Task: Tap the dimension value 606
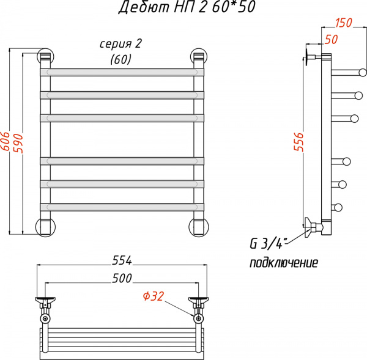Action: [x=6, y=142]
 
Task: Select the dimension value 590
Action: [x=18, y=142]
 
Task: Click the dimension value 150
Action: [x=344, y=23]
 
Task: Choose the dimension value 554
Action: [x=122, y=260]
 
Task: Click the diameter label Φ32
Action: [x=154, y=296]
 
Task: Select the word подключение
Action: [x=283, y=263]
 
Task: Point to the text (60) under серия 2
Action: [x=121, y=59]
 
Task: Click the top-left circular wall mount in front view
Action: [x=45, y=56]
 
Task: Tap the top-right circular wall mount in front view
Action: [x=199, y=56]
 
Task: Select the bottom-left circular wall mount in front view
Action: [x=45, y=226]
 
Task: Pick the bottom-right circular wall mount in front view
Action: [x=199, y=226]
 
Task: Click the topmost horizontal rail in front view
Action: [x=122, y=72]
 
